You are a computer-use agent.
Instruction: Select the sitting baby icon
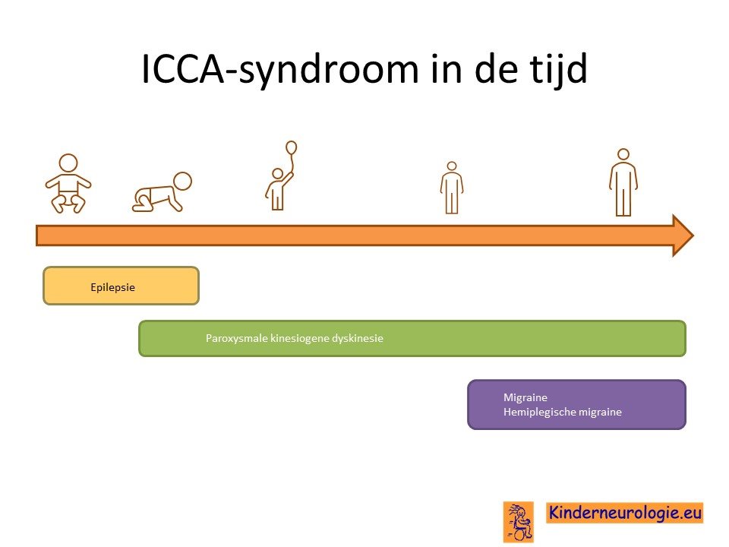pos(68,184)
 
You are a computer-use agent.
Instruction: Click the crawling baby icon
pos(162,192)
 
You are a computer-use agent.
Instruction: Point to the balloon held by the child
pos(291,147)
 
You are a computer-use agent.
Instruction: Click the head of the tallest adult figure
pos(623,154)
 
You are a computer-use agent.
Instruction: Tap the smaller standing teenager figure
pos(452,188)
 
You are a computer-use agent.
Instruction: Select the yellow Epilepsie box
pos(121,286)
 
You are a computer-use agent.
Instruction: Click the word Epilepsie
pos(113,287)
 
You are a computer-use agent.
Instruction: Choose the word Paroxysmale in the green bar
pos(237,338)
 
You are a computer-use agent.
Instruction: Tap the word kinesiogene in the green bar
pos(299,338)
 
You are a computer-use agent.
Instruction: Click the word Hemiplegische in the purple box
pos(534,412)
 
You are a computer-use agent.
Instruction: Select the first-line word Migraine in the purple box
pos(525,397)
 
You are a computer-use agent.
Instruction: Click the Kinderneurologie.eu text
pos(625,513)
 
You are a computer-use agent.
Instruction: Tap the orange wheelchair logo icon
pos(519,522)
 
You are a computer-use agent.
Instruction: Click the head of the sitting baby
pos(68,164)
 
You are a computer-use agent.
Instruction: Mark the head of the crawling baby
pos(182,181)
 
